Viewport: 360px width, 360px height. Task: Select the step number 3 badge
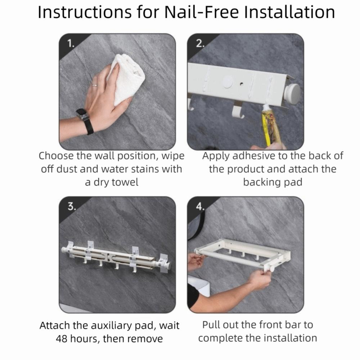pos(71,207)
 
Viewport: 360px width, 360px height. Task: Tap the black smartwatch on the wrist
pos(84,121)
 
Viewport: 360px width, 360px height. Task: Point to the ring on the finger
pos(94,85)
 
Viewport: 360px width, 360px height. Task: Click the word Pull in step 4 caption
pos(211,325)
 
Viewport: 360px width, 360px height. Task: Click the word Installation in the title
pos(289,12)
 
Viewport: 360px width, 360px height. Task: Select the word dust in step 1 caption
pos(65,169)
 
